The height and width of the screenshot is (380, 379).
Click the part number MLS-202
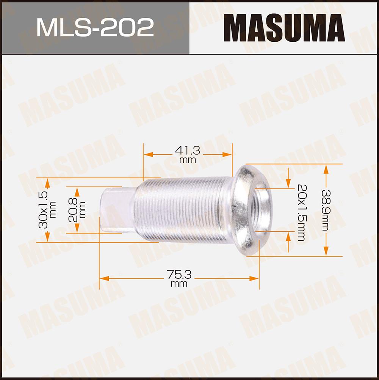click(x=95, y=27)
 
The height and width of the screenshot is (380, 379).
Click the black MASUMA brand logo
click(x=284, y=28)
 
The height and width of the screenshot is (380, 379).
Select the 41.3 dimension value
click(x=188, y=151)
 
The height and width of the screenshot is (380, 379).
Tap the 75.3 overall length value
click(x=179, y=275)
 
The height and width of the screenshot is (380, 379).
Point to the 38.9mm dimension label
click(x=326, y=210)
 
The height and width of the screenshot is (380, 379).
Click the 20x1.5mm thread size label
click(x=302, y=212)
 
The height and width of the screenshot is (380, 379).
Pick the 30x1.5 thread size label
click(x=43, y=210)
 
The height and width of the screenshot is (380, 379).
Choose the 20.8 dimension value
click(x=73, y=210)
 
